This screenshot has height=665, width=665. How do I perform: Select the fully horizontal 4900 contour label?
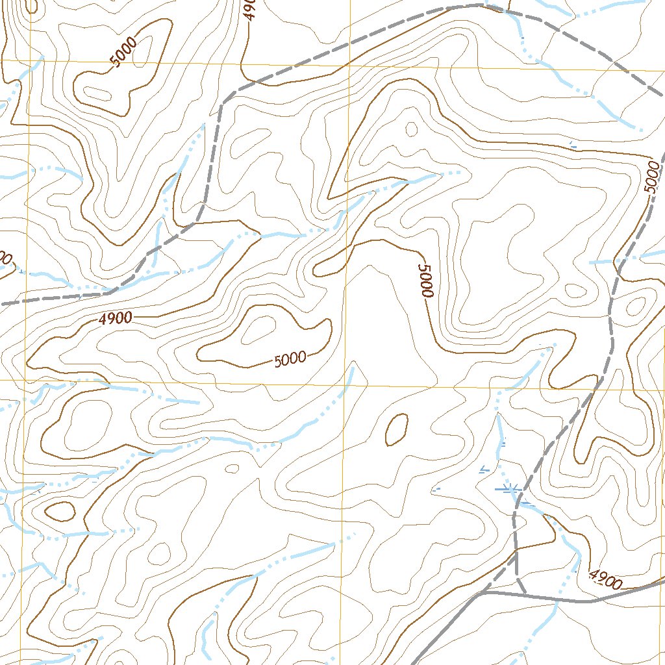116,318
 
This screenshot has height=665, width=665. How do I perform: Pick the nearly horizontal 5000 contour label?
290,359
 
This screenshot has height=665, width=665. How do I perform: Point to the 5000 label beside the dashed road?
652,177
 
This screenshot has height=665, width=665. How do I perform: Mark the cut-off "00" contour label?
5,258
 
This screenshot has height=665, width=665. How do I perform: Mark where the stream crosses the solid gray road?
557,600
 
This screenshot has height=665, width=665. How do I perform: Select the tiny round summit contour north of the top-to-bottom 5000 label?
411,129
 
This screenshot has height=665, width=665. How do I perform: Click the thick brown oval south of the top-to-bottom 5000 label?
396,429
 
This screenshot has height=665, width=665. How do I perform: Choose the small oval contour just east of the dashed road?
636,305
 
